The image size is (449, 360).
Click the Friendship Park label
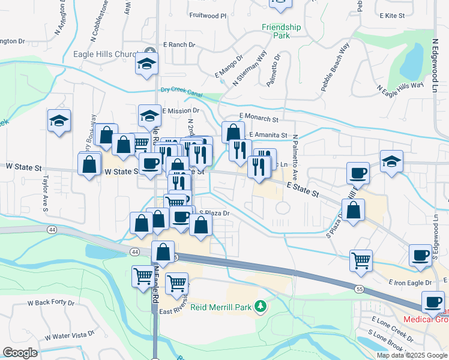click(281, 31)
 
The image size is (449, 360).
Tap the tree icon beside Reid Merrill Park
click(260, 308)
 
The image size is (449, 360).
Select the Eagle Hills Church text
click(106, 54)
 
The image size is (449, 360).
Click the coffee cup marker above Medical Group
click(432, 302)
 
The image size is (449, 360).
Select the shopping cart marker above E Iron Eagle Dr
click(361, 260)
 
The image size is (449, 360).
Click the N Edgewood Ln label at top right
click(435, 67)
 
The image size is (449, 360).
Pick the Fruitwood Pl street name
click(208, 16)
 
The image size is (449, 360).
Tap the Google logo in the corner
click(20, 353)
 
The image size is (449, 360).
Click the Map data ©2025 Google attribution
click(412, 355)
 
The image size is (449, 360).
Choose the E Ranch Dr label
click(178, 45)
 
